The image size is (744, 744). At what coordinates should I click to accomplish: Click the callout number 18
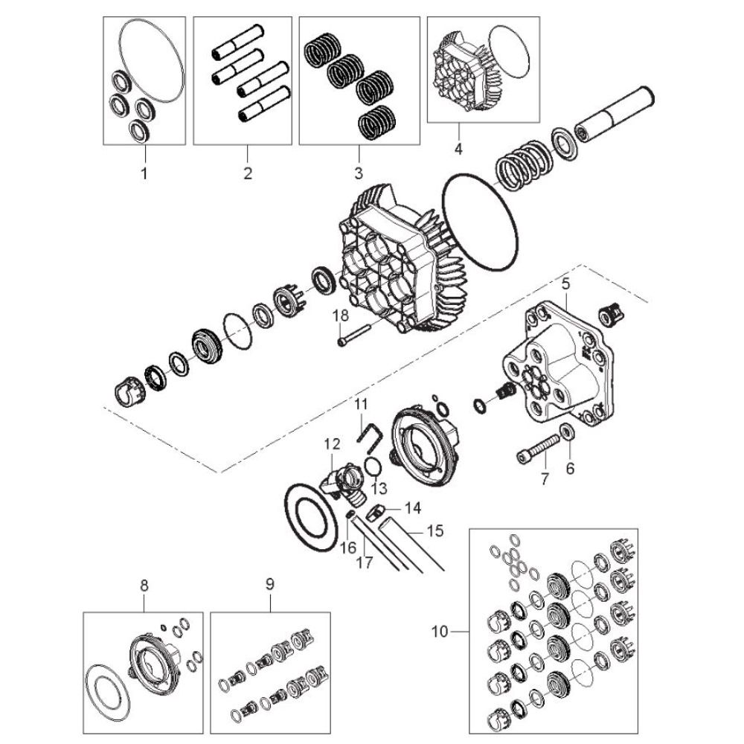tap(340, 315)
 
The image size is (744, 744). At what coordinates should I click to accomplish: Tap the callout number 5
tap(565, 284)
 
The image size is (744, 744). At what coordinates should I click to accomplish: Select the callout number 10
tap(440, 632)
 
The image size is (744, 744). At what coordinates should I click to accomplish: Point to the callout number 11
tap(361, 404)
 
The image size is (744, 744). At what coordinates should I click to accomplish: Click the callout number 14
tap(413, 508)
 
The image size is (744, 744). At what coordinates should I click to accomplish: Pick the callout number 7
tap(545, 478)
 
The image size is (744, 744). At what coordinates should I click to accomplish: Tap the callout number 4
tap(458, 149)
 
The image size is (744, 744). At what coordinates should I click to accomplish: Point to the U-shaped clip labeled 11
tap(369, 434)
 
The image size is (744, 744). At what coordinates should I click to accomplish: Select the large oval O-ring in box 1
tap(151, 60)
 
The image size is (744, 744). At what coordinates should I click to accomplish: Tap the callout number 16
tap(347, 548)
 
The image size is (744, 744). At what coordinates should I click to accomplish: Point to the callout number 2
tap(248, 173)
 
